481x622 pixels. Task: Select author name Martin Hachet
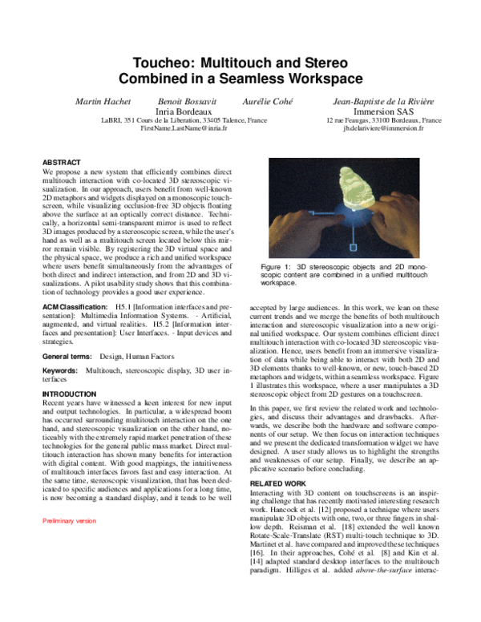click(103, 102)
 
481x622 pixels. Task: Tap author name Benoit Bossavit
click(181, 102)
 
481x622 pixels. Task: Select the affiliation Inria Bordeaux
click(184, 111)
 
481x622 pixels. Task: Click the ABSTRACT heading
click(63, 162)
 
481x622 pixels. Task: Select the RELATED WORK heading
click(278, 484)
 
